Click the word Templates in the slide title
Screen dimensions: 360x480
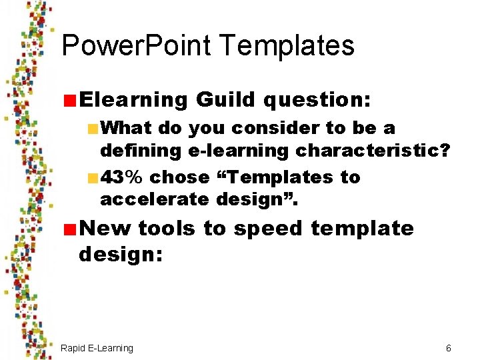pos(286,46)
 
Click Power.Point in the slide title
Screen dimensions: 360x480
pos(135,46)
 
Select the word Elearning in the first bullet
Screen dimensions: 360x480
pos(133,100)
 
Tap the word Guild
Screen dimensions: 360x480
pos(225,100)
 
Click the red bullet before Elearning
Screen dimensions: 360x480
pos(69,101)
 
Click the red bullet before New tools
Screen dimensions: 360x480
pos(69,229)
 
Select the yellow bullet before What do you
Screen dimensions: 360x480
pos(92,128)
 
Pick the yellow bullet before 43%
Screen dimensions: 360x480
pos(92,178)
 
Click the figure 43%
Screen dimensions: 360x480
pos(122,177)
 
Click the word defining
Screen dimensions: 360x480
pos(140,151)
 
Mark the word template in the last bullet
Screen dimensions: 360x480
pos(362,228)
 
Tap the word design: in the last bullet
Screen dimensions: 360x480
pos(121,254)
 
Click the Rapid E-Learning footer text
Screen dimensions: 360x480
pos(97,348)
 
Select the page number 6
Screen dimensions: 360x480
pos(448,348)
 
